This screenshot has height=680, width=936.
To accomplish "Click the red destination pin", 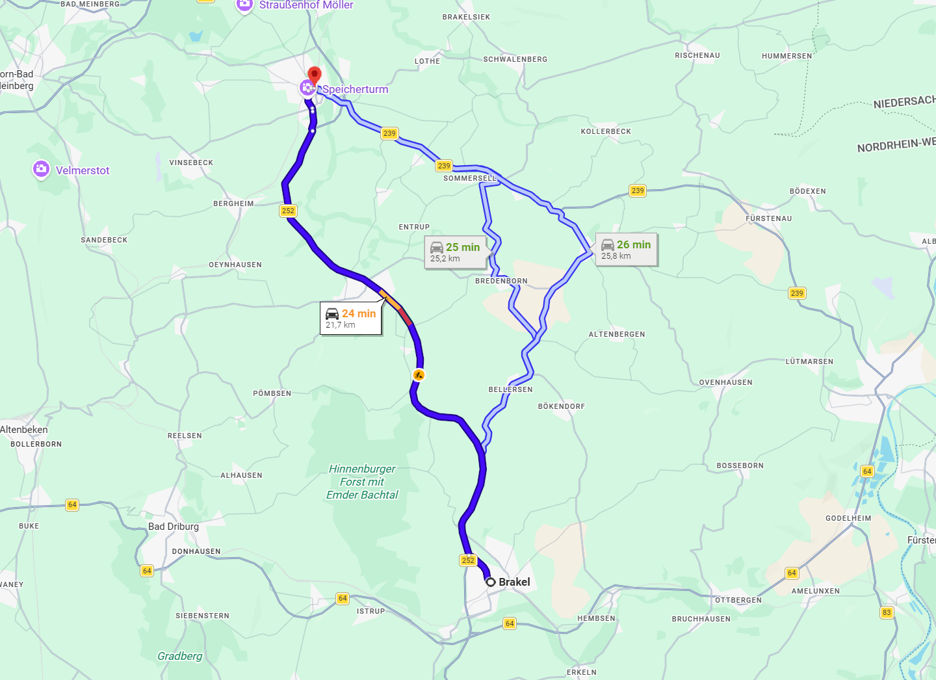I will click(315, 75).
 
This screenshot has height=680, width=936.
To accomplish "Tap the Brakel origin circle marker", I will click(491, 582).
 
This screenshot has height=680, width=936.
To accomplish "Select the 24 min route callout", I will click(350, 319).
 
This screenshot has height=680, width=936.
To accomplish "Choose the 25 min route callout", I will click(455, 252).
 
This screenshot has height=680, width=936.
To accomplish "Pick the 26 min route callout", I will click(626, 250).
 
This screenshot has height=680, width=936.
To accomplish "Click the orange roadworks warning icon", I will click(419, 374).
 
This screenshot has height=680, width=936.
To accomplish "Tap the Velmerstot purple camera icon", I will click(42, 170).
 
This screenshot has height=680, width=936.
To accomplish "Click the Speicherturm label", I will click(355, 89).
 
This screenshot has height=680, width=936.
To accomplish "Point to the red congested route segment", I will click(405, 317).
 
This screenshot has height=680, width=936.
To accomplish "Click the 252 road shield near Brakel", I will click(468, 560).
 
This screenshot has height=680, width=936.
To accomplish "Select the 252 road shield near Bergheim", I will click(288, 211).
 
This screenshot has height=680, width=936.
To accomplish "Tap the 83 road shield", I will click(887, 612).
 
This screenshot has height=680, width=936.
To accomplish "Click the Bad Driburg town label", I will click(174, 527).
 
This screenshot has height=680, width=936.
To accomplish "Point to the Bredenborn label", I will click(501, 281).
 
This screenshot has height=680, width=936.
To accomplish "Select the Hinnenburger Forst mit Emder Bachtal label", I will click(362, 482).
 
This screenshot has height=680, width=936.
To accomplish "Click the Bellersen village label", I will click(510, 389).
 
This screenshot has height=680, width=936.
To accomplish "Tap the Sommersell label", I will click(469, 178).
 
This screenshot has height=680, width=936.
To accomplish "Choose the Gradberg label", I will click(179, 656).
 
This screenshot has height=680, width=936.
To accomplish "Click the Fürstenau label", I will click(768, 218).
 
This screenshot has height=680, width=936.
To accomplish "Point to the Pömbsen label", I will click(272, 393).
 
